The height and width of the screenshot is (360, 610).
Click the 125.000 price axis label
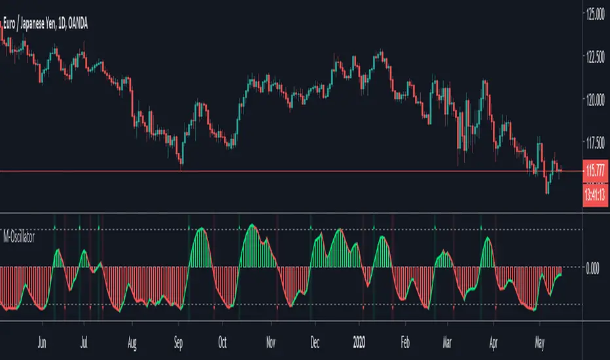point(595,14)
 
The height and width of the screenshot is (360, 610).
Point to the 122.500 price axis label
point(595,57)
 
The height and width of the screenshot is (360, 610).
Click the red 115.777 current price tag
point(595,171)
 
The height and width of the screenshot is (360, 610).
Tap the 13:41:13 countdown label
point(595,194)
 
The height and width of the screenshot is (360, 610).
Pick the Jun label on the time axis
point(41,341)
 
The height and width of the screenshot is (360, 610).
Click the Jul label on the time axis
point(83,341)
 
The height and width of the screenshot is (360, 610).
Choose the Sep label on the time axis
point(178,341)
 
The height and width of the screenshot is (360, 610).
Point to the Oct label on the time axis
point(223,341)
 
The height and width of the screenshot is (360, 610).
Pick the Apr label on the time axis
point(495,341)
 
